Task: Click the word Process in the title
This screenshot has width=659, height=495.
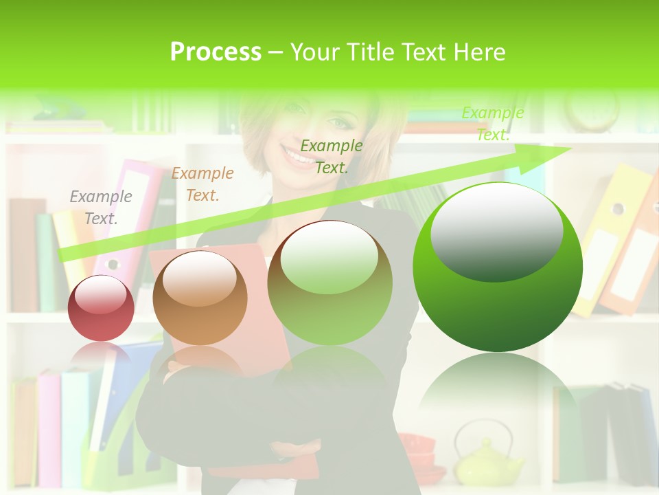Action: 216,52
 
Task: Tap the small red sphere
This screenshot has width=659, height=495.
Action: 102,308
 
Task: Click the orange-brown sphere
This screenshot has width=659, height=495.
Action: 200,298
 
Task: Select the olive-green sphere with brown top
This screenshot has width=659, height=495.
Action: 329,283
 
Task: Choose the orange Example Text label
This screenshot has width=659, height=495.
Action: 203,184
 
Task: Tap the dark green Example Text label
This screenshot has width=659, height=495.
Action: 332,157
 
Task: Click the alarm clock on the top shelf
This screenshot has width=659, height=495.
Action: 591,110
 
